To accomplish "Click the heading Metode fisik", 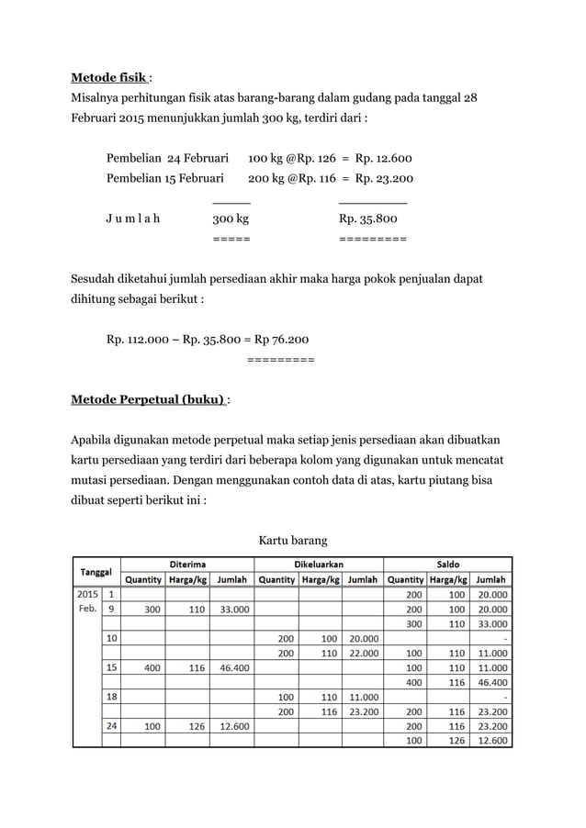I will point(109,77).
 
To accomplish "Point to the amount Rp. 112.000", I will point(139,340).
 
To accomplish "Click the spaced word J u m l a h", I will point(132,219).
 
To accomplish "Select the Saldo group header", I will point(448,564).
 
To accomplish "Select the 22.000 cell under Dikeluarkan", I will point(362,653).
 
